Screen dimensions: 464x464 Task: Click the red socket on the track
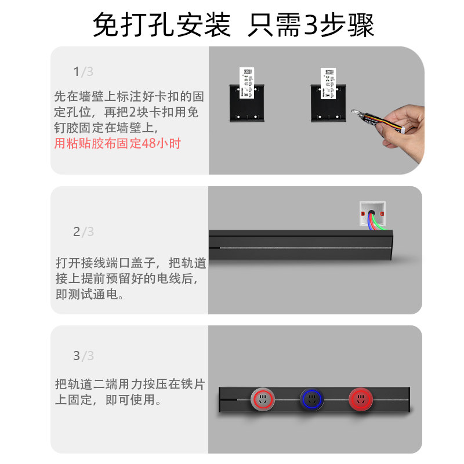click(x=360, y=400)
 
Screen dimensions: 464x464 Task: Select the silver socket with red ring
click(x=262, y=400)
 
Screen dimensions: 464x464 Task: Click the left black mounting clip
click(x=246, y=104)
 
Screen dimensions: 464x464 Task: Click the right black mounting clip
click(x=328, y=104)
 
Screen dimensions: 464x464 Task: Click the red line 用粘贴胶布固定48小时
click(x=117, y=143)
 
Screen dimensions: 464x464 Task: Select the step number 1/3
click(x=83, y=72)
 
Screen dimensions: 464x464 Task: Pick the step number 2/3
click(x=83, y=232)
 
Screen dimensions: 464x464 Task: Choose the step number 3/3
click(x=83, y=356)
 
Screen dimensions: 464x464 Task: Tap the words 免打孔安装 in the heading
click(x=162, y=25)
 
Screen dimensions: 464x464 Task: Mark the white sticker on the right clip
click(x=328, y=81)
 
